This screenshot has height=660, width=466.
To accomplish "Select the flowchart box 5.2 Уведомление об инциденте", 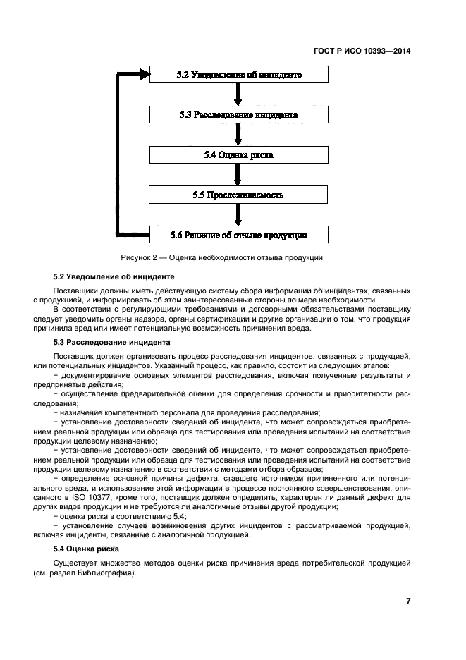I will [238, 75].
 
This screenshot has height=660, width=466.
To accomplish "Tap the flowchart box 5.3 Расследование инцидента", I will [238, 114].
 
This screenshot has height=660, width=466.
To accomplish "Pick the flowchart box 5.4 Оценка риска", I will [238, 154].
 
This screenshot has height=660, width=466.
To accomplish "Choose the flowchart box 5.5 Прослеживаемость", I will [238, 194].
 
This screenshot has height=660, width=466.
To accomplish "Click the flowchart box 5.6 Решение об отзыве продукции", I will [238, 234].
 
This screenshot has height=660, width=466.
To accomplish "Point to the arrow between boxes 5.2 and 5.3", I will [238, 94].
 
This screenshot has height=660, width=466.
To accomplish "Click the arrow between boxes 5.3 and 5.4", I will [238, 134].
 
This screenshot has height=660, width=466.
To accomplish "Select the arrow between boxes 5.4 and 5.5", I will [238, 174].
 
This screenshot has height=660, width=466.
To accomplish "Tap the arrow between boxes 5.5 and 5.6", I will [238, 214].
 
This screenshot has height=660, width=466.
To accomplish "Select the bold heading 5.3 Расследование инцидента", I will [111, 342].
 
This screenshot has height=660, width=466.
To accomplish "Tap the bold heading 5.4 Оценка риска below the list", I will [87, 548].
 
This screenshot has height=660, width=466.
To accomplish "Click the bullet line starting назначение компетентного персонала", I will [190, 412].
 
